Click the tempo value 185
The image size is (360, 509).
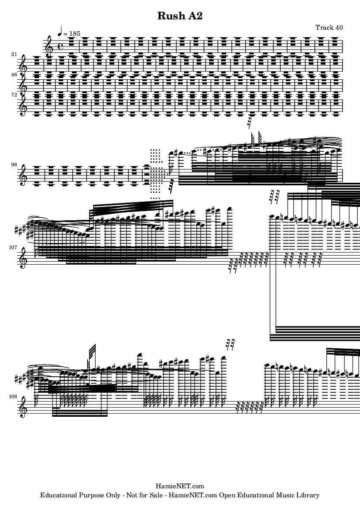(x=74, y=34)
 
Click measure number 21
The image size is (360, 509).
(x=14, y=55)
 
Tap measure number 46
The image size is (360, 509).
(x=14, y=74)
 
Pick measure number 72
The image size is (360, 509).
(x=14, y=94)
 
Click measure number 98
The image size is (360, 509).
(x=14, y=165)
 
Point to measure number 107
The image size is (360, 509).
(x=13, y=247)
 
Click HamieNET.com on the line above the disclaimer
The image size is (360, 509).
(x=180, y=486)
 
